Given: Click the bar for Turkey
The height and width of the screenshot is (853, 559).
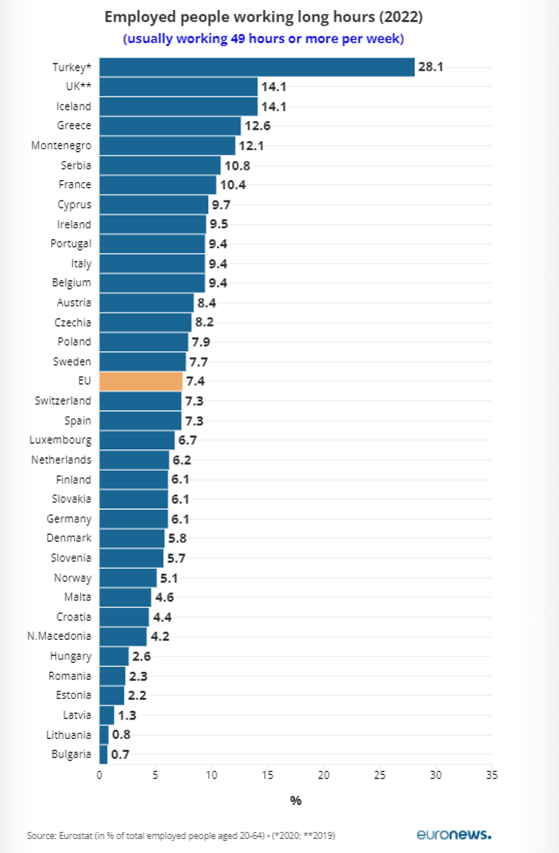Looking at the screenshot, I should point(257,67).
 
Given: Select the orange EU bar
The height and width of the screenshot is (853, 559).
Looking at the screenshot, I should point(141,381).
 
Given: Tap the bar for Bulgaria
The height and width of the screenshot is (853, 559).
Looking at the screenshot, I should point(104,754).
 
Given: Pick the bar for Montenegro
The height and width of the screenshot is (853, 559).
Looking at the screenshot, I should point(167,146).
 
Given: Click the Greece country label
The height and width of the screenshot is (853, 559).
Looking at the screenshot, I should point(74,125).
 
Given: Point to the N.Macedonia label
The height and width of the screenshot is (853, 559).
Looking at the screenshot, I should point(59,636).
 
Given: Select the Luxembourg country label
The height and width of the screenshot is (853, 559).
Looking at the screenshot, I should point(60,440).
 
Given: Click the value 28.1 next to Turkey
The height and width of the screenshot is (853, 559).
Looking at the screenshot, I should point(430,67).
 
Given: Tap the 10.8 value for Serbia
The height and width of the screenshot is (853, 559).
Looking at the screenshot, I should point(237,166).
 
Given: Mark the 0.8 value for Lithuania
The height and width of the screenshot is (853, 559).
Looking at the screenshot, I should point(121,735).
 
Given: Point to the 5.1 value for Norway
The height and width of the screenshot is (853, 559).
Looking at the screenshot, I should point(169,578).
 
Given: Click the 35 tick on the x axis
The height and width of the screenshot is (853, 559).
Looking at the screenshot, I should point(491,775).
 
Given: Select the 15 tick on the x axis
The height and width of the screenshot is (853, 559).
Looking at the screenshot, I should point(267,775).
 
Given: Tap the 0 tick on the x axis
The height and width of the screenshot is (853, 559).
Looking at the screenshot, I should point(99,775).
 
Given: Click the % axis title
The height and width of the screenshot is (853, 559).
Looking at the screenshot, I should point(296,801).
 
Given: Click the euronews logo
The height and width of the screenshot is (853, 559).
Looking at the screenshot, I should point(454,834).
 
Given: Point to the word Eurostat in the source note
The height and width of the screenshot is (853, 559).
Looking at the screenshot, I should point(76,836).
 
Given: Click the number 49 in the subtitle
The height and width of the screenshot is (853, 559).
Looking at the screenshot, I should point(238,39).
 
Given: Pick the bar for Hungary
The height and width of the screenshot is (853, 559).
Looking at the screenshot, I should point(114,657).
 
